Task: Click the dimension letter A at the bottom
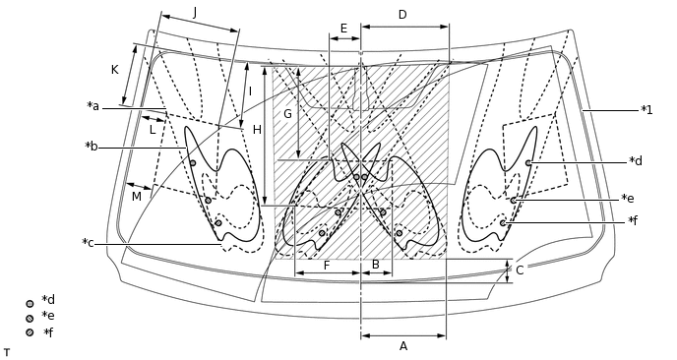(402, 345)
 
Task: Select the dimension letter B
(375, 264)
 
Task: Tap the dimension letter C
(520, 270)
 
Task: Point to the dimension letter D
(402, 15)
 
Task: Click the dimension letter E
(343, 28)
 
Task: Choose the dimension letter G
(287, 114)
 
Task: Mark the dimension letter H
(257, 130)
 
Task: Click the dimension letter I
(250, 91)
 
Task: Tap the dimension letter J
(195, 12)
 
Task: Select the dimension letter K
(115, 70)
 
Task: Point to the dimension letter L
(153, 129)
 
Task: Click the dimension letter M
(136, 197)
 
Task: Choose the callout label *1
(646, 109)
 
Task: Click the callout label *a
(93, 106)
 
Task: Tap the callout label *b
(92, 147)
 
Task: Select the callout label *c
(89, 243)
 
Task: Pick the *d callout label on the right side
(636, 160)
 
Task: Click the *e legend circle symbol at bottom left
(30, 318)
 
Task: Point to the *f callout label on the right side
(635, 220)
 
